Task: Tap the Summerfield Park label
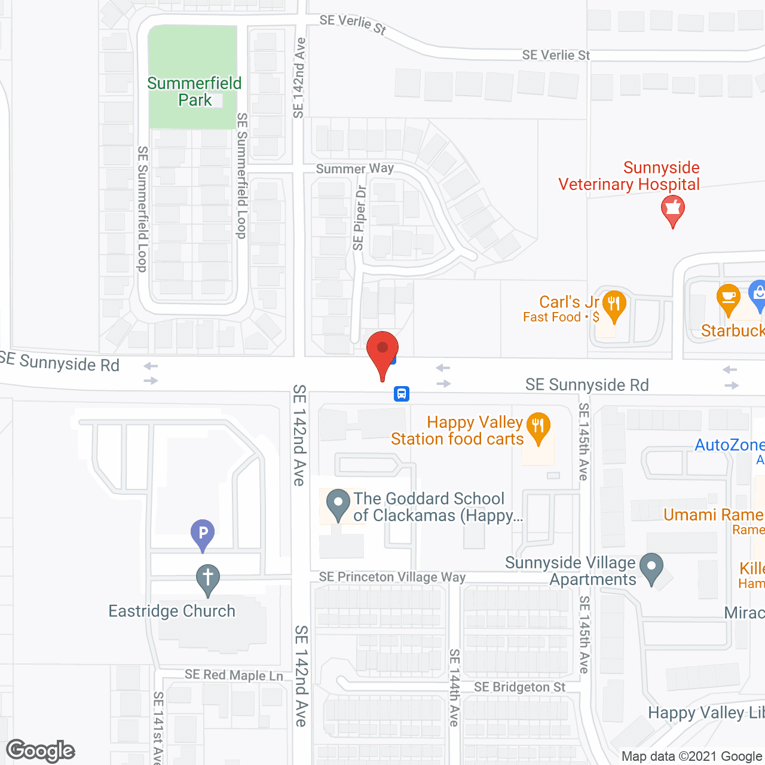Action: tap(195, 91)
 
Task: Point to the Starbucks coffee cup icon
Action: tap(728, 299)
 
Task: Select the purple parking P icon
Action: tap(203, 534)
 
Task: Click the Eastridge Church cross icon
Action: tap(208, 580)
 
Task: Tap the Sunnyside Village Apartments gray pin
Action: tap(651, 568)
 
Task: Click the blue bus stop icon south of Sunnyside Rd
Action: tap(402, 393)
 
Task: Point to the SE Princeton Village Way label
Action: tap(392, 577)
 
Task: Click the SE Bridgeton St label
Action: tap(519, 687)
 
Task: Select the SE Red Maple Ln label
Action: tap(234, 675)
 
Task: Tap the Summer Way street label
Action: tap(355, 169)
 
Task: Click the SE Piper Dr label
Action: tap(359, 218)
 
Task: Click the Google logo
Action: tap(41, 750)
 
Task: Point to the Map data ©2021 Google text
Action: tap(692, 756)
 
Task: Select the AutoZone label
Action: tap(729, 445)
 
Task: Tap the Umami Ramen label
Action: tap(714, 515)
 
